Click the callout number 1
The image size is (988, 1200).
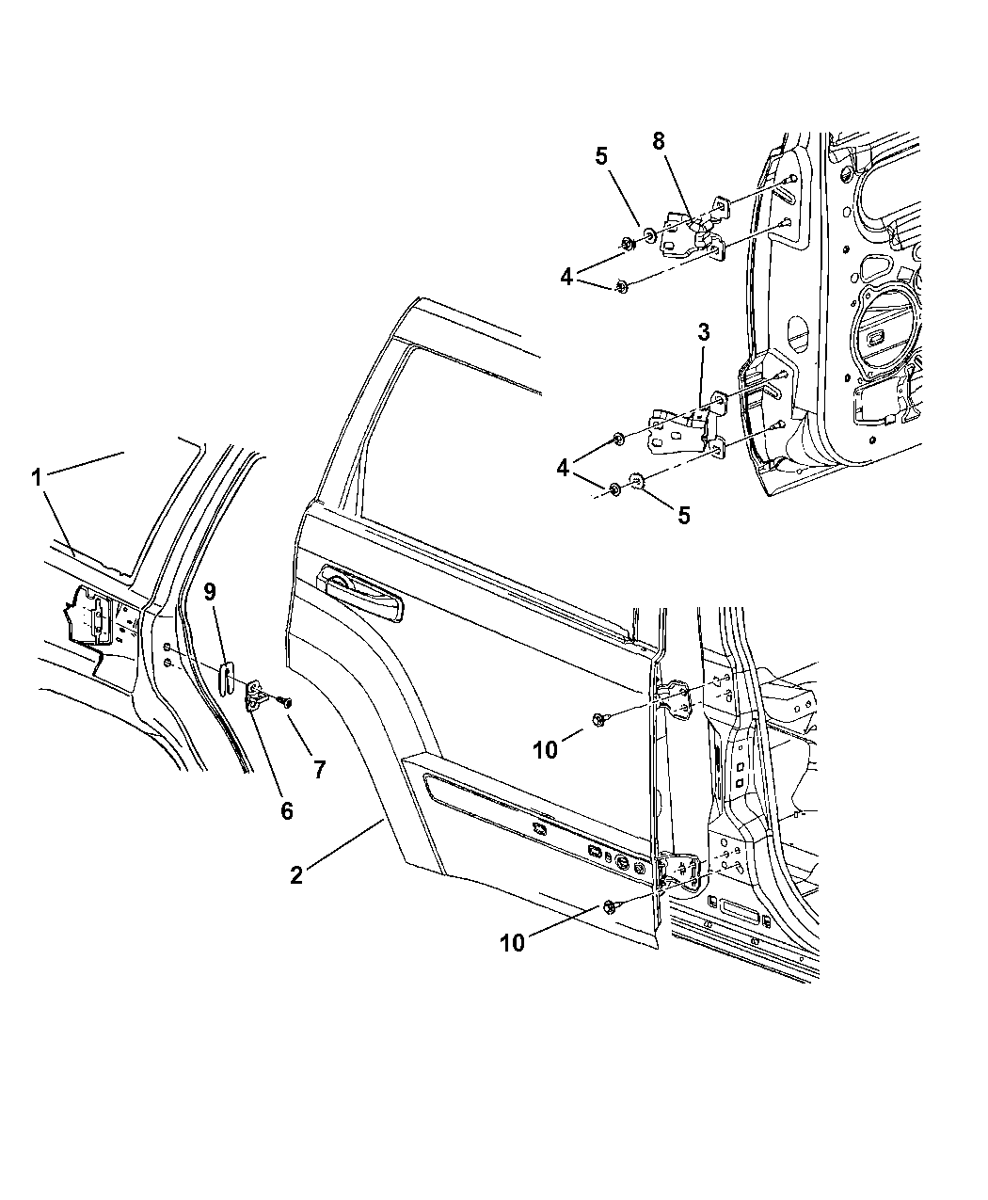coord(38,477)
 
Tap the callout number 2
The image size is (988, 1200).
coord(296,874)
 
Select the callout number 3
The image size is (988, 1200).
coord(704,332)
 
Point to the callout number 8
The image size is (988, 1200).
coord(658,141)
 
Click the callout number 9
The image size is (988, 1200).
coord(210,592)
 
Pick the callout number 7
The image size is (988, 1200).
coord(320,769)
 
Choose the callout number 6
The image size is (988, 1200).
coord(286,810)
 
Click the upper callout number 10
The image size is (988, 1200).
coord(545,749)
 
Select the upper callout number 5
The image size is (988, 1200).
coord(601,156)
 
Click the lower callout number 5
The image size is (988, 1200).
coord(683,516)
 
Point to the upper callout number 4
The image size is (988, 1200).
coord(566,278)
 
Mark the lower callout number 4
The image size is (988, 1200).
coord(562,469)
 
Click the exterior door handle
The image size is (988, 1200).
coord(362,597)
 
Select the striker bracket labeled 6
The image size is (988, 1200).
coord(257,695)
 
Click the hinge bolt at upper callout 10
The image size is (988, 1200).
coord(598,719)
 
